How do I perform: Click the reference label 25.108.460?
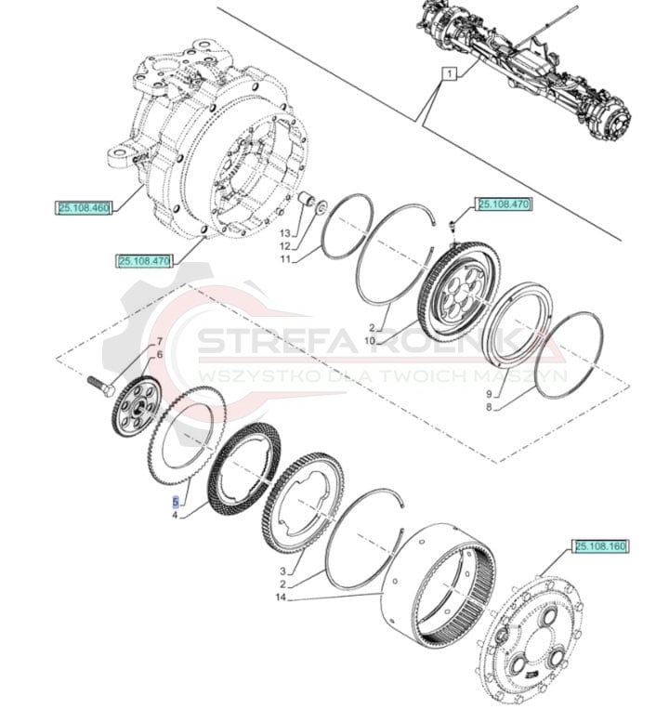click(x=84, y=208)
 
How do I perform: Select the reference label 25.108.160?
click(x=600, y=546)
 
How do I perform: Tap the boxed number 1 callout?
click(x=450, y=72)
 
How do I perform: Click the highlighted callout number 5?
click(x=176, y=502)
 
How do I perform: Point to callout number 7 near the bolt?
click(x=159, y=341)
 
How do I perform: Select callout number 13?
click(x=284, y=233)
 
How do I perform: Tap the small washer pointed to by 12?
click(x=321, y=208)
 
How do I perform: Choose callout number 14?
click(x=281, y=597)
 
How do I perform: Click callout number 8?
click(x=489, y=407)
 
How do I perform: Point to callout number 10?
click(x=370, y=340)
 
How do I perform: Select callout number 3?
click(x=283, y=571)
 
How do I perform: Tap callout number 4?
click(x=175, y=515)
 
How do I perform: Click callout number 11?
click(x=284, y=259)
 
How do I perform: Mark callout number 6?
click(x=159, y=355)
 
